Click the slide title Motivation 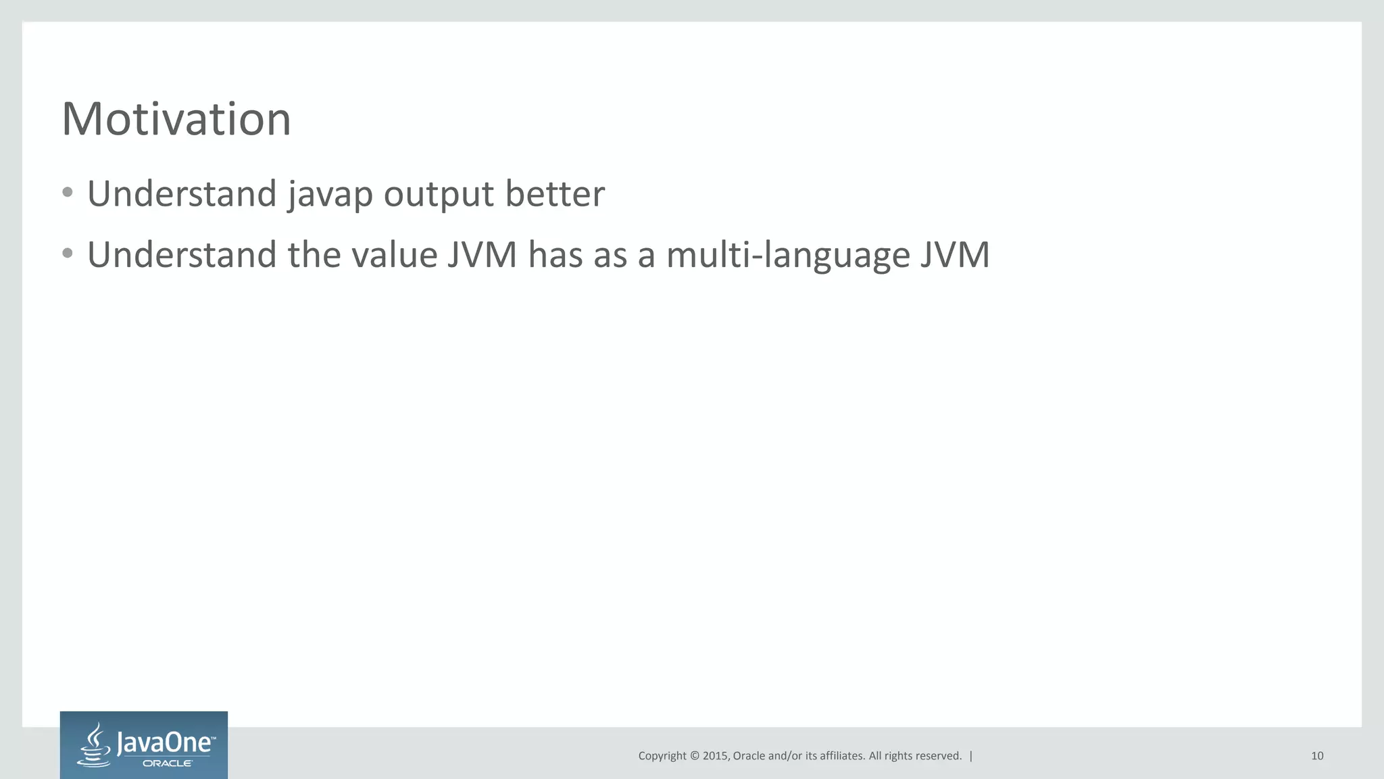pos(176,119)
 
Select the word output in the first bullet pos(439,195)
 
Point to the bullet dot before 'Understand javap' pos(67,193)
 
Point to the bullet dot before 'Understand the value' pos(67,254)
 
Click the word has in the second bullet pos(555,255)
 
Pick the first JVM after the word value pos(482,255)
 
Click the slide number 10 pos(1317,756)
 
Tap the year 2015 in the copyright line pos(715,756)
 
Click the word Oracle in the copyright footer pos(749,756)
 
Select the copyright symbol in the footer pos(694,756)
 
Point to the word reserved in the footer pos(939,756)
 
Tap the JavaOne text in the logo pos(166,743)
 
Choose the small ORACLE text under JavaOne pos(168,763)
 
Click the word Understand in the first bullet pos(182,194)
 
